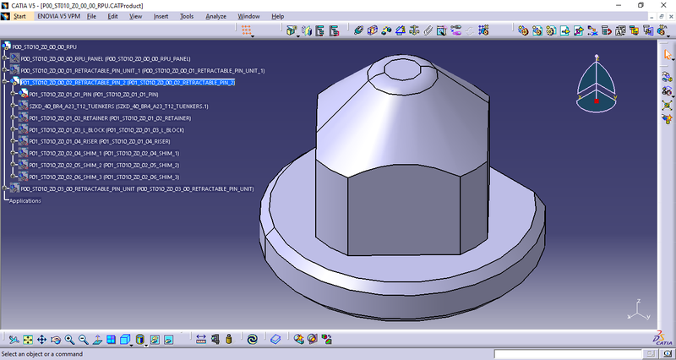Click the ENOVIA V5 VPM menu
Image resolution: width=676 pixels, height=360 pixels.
click(x=59, y=16)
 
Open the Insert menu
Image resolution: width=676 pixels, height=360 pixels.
click(x=161, y=16)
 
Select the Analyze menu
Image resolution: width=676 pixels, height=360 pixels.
click(x=215, y=16)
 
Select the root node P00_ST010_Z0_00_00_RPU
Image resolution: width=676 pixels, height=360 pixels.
click(x=44, y=46)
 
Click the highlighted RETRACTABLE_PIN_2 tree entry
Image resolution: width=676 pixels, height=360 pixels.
click(x=127, y=83)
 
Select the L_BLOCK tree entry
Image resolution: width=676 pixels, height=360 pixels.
click(x=106, y=130)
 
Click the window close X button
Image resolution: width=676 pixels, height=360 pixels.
click(x=663, y=5)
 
